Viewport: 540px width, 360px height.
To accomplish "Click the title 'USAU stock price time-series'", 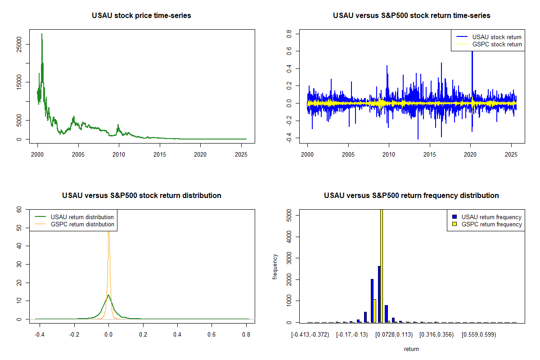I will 141,16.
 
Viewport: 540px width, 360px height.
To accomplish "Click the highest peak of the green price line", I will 42,34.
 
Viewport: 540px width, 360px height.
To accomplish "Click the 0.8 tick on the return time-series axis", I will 289,34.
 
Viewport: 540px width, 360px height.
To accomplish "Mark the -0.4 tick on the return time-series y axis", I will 289,139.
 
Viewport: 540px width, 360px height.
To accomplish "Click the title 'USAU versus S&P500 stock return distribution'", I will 141,196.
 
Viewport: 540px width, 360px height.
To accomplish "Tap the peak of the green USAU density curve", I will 108,295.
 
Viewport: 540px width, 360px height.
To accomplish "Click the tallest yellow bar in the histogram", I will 382,265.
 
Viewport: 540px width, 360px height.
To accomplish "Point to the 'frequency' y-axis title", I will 275,267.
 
